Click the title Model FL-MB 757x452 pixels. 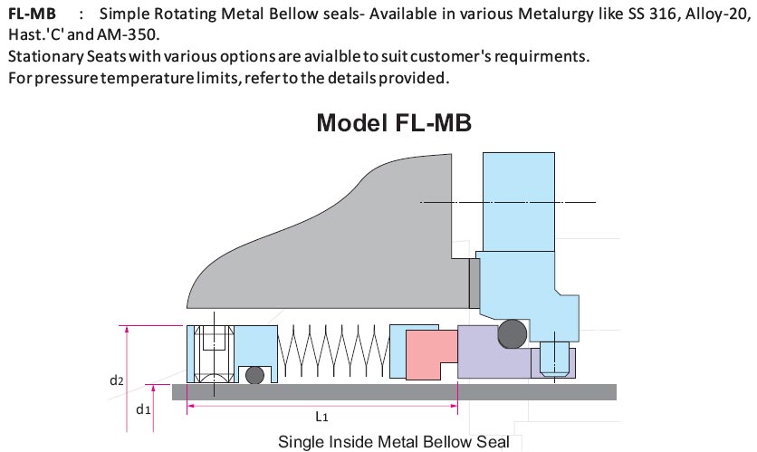point(394,123)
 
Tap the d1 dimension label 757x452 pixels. point(142,409)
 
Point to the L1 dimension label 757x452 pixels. point(322,418)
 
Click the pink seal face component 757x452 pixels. point(430,354)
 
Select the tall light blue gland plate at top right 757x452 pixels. point(519,199)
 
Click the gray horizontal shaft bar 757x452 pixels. point(398,391)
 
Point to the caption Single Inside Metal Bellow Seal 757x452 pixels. point(394,442)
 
